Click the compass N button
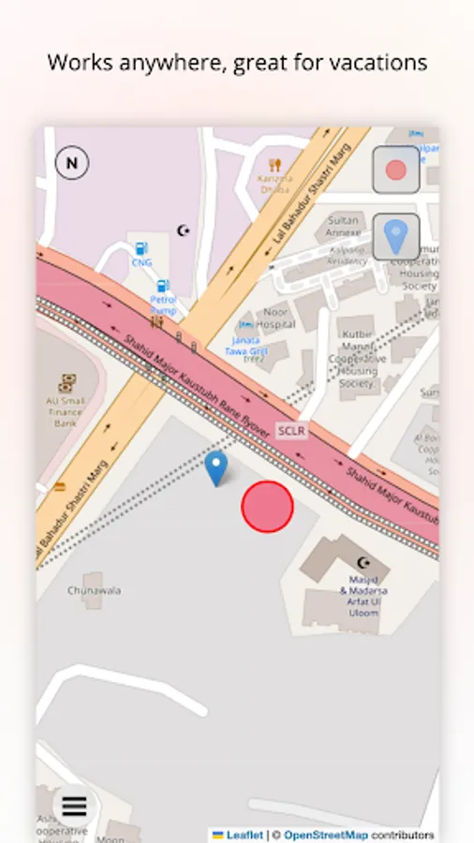click(x=72, y=164)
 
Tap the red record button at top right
click(x=396, y=170)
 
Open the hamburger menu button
click(x=74, y=806)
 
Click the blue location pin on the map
click(x=216, y=468)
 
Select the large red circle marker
click(x=267, y=507)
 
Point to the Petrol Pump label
click(x=163, y=304)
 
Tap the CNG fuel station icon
click(x=141, y=249)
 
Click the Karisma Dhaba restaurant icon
click(x=274, y=165)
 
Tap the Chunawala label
click(x=94, y=591)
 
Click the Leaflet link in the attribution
click(x=244, y=835)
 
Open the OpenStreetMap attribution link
click(x=325, y=835)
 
